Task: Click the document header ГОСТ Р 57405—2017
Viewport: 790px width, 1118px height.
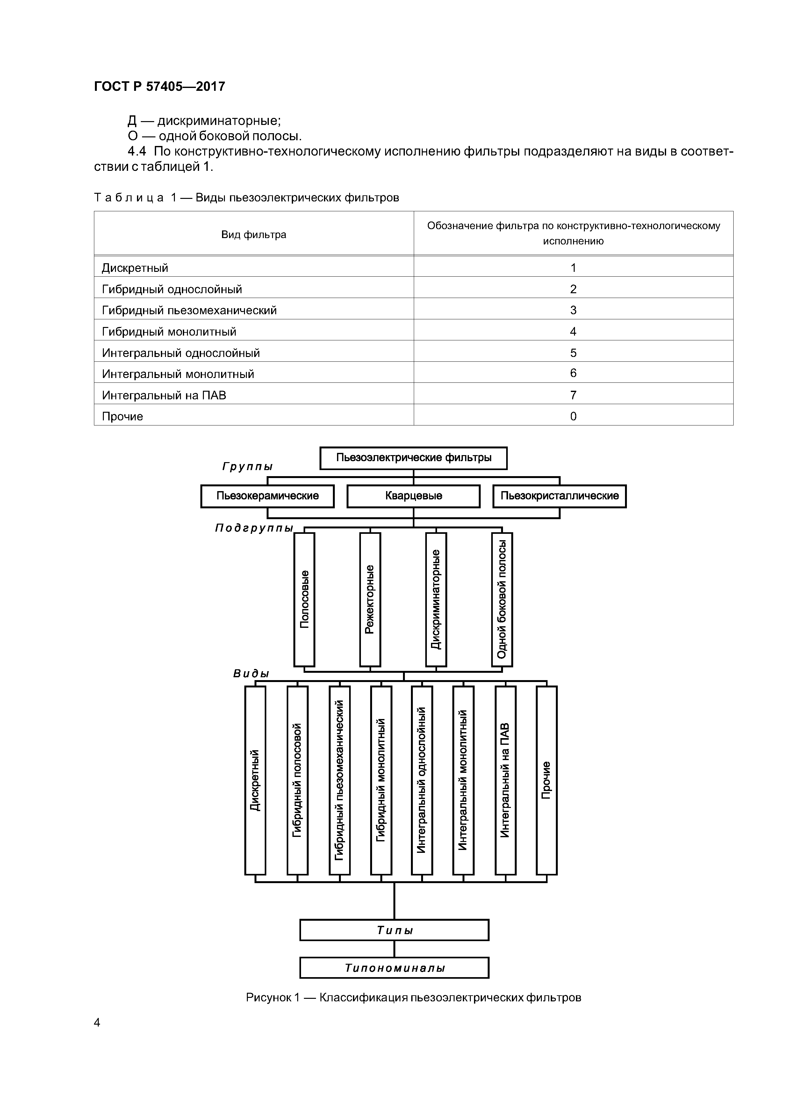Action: click(x=159, y=87)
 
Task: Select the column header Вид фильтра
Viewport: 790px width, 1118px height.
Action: click(x=254, y=235)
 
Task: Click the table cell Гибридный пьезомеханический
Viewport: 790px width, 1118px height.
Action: click(x=189, y=310)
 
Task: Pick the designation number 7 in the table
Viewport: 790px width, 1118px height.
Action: click(x=573, y=395)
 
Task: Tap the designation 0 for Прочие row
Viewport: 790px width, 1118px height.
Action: click(x=573, y=416)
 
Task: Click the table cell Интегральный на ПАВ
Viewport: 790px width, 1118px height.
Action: click(x=164, y=395)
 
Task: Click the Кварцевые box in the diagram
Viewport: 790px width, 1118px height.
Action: click(x=413, y=496)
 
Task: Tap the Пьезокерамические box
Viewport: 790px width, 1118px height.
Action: click(x=267, y=496)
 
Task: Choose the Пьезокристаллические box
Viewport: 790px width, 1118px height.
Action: click(x=559, y=496)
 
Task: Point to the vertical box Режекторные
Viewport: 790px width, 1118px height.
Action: click(x=370, y=599)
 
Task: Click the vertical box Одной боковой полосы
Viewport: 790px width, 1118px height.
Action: click(x=502, y=599)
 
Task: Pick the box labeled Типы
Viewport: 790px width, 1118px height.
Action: click(x=394, y=930)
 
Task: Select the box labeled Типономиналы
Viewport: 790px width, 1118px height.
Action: click(x=394, y=968)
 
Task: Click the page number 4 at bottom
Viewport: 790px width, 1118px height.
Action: click(x=97, y=1023)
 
